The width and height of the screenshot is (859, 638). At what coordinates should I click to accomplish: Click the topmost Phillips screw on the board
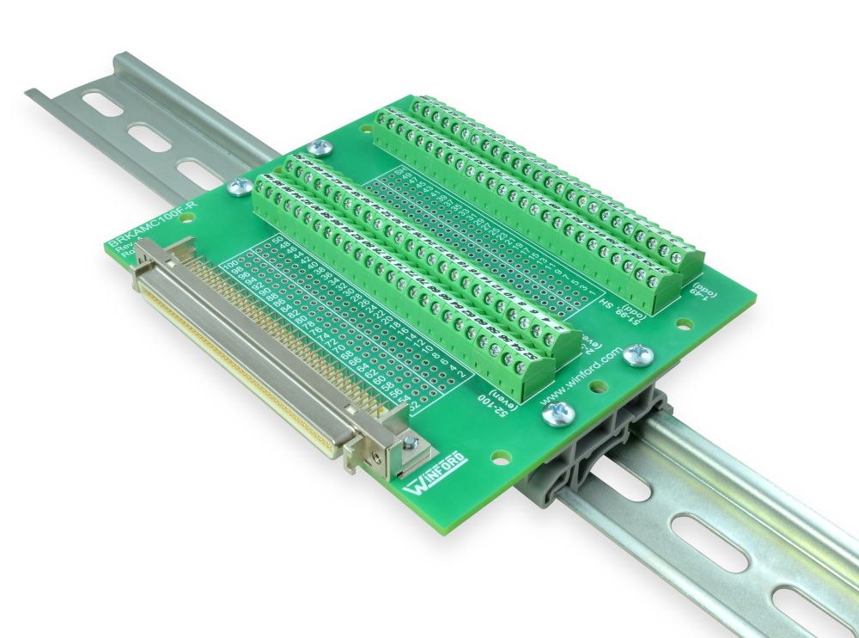[321, 147]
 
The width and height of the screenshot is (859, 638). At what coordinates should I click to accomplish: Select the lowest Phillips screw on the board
[552, 416]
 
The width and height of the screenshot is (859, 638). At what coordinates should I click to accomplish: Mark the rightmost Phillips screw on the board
[638, 354]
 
